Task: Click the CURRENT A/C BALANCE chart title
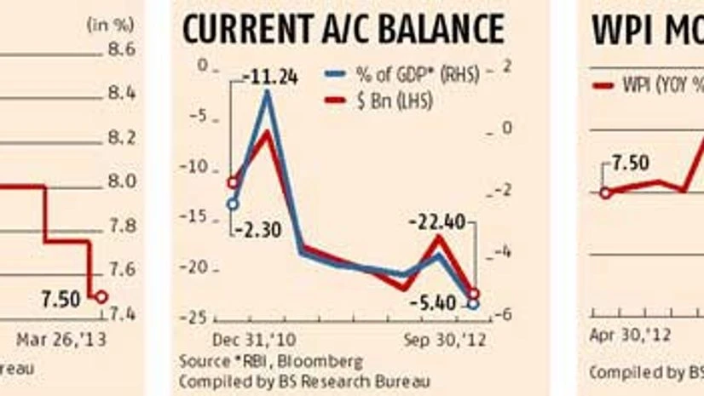(x=343, y=32)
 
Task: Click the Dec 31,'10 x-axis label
(x=243, y=336)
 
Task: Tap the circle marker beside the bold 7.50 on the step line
(x=101, y=297)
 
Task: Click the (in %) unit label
(x=108, y=24)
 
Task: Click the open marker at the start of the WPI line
(x=605, y=192)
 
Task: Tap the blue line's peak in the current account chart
(x=268, y=92)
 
